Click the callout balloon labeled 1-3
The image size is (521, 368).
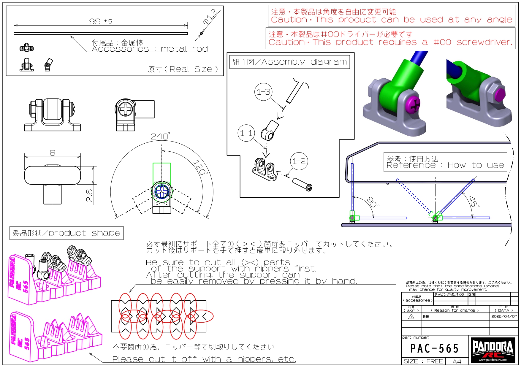pyautogui.click(x=263, y=92)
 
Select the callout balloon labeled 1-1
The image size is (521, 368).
pyautogui.click(x=246, y=133)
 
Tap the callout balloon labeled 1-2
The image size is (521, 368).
pyautogui.click(x=299, y=161)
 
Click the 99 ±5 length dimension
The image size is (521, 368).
pyautogui.click(x=101, y=21)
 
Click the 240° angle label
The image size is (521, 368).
pyautogui.click(x=160, y=136)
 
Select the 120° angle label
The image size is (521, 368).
pyautogui.click(x=200, y=167)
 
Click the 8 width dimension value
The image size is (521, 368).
pyautogui.click(x=53, y=153)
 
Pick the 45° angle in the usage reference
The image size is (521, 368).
pyautogui.click(x=474, y=202)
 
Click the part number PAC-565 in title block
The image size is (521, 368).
pyautogui.click(x=435, y=348)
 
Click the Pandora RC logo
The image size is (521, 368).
pyautogui.click(x=493, y=350)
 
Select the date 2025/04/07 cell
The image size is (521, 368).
pyautogui.click(x=504, y=316)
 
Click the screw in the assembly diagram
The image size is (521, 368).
pyautogui.click(x=302, y=184)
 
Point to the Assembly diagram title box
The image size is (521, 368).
pyautogui.click(x=289, y=62)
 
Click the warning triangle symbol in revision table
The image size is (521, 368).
pyautogui.click(x=411, y=317)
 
